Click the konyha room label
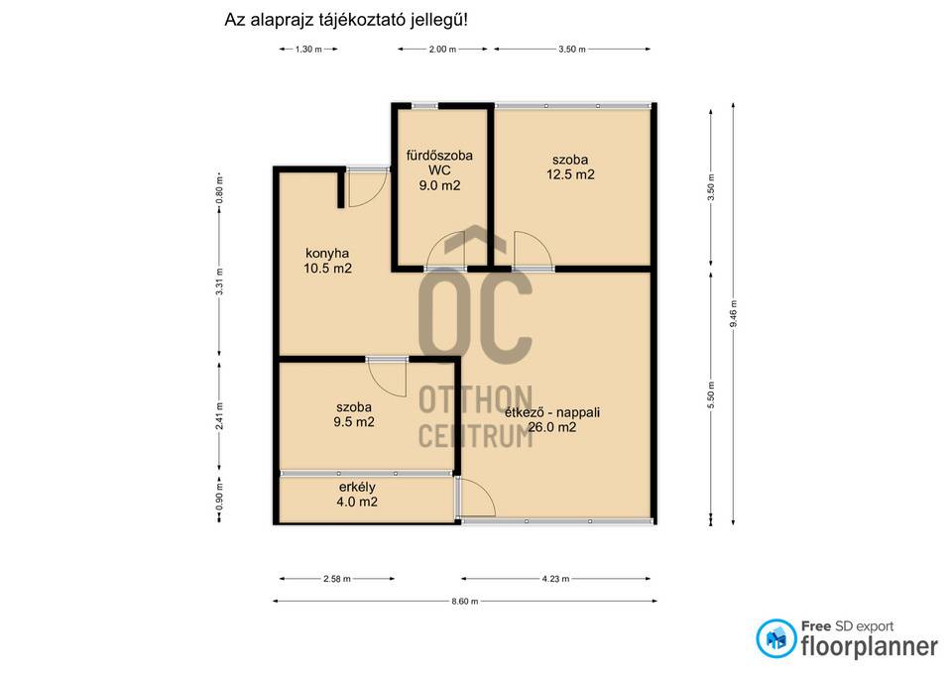327,254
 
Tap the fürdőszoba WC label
439,163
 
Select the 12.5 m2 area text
570,174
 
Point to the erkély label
357,487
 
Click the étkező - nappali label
552,412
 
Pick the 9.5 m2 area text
354,422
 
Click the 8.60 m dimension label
464,602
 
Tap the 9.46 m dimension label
733,314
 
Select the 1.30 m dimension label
308,50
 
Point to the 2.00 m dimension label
442,50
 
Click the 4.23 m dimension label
555,579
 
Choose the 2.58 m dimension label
337,579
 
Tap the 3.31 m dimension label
219,281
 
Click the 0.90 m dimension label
219,496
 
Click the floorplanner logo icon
775,638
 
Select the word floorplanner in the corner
870,646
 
